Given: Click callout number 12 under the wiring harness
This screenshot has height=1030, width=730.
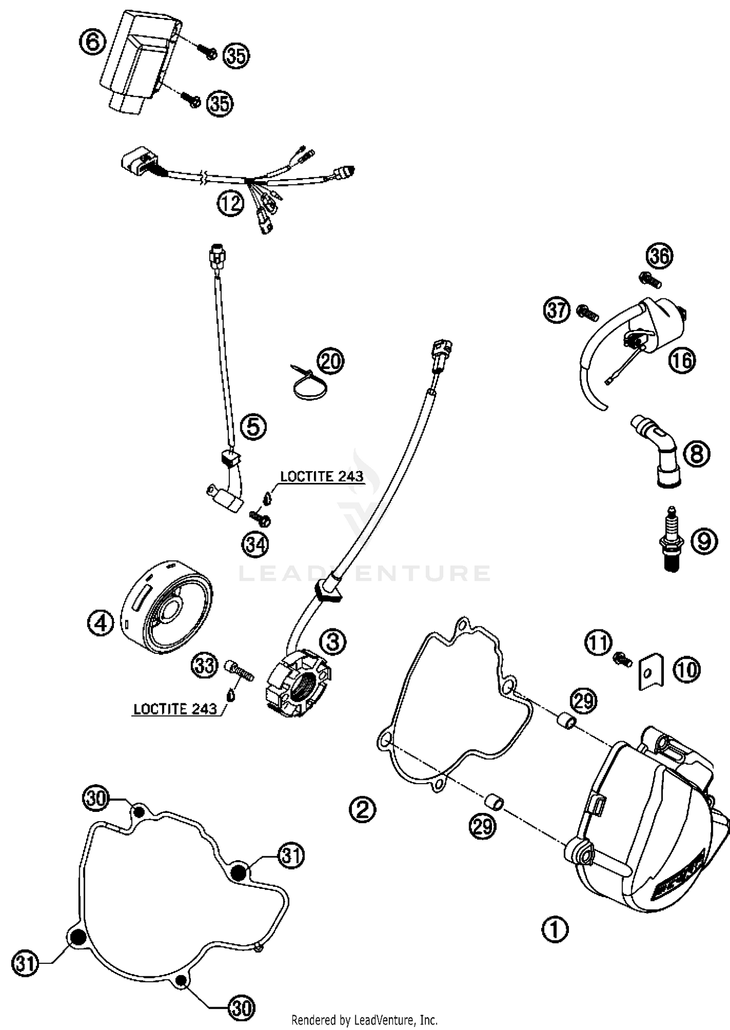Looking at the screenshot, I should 230,203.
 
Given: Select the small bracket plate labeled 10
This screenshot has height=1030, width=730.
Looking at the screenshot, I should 651,672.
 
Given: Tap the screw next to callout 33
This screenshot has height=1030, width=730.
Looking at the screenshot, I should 239,670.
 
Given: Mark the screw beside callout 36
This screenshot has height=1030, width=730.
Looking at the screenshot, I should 650,279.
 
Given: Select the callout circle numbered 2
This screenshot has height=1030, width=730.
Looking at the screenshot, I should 363,809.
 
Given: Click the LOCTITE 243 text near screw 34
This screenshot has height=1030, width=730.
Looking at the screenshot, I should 322,477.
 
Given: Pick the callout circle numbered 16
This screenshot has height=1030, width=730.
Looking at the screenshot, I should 682,361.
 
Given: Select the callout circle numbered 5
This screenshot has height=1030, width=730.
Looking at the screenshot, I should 254,427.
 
